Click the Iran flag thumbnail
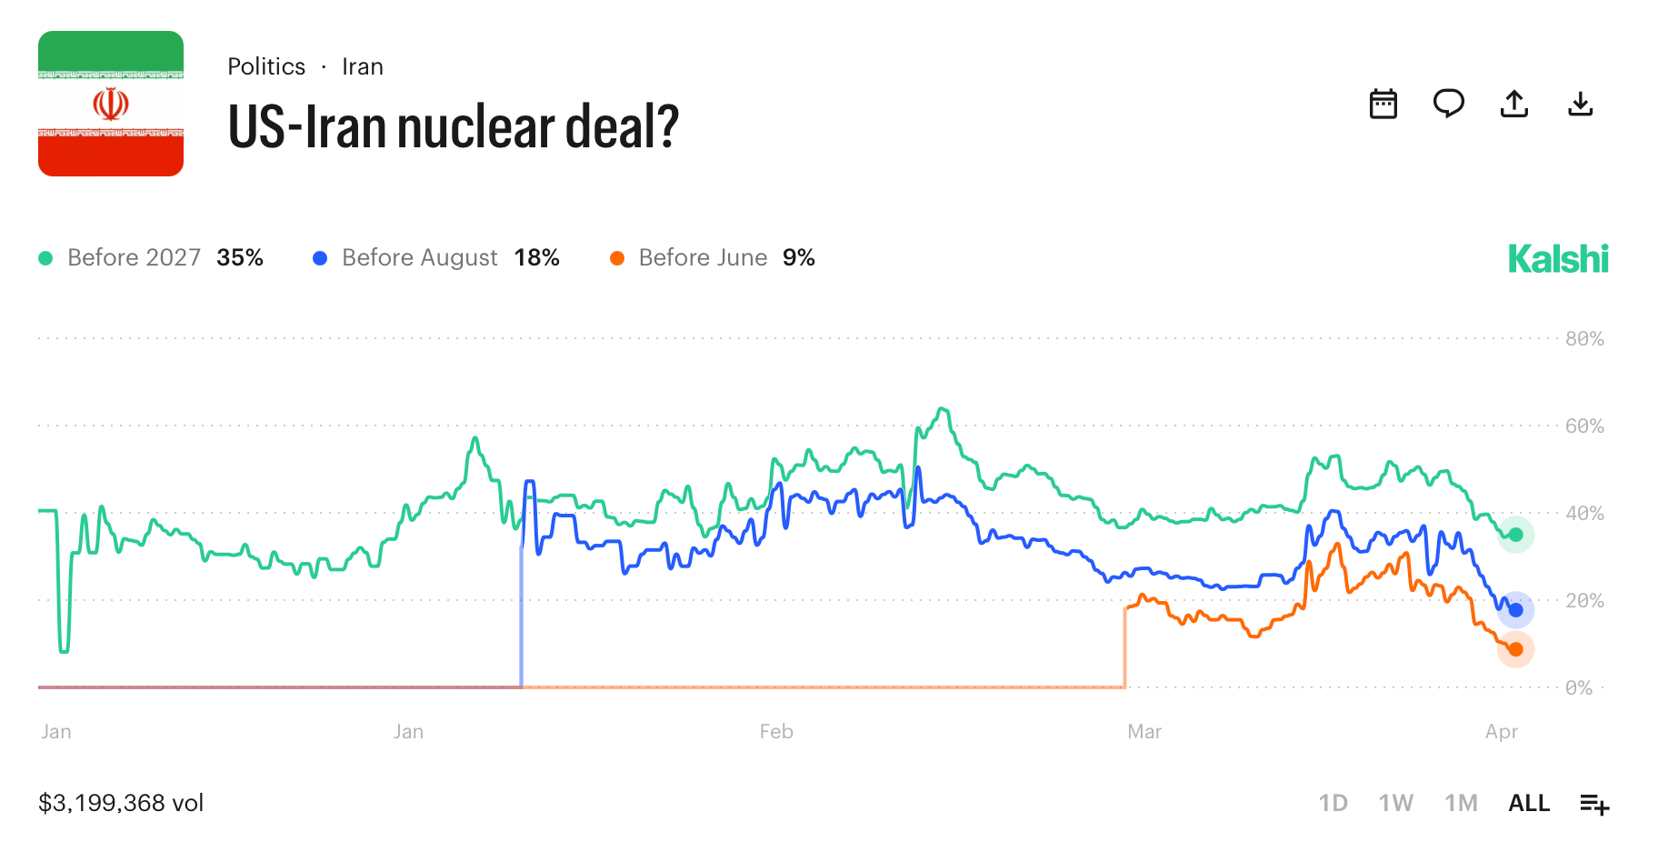[111, 104]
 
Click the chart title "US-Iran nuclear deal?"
[453, 126]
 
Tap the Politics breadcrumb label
[266, 66]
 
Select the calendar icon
[1383, 104]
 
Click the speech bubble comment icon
[1448, 104]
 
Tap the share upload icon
[1513, 104]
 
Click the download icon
[1581, 104]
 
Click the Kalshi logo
[1558, 259]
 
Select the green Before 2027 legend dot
[45, 258]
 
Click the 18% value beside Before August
[536, 258]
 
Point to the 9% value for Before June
[798, 258]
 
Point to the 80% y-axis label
[1584, 339]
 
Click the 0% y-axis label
[1579, 688]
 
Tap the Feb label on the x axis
[776, 732]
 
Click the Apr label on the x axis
[1502, 732]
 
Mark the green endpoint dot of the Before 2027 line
[1515, 535]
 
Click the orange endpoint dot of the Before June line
[1515, 649]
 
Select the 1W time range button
[1395, 803]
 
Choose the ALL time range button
[1529, 803]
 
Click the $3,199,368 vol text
[121, 803]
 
